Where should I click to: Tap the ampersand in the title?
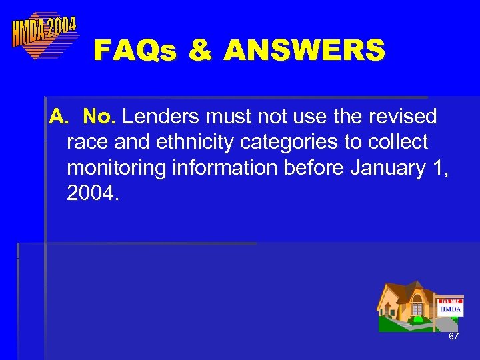[199, 50]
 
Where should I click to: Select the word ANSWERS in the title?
[305, 50]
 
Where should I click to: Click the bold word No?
[100, 117]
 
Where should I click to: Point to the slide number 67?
[453, 337]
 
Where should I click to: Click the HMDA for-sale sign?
[451, 307]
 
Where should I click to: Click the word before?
[312, 168]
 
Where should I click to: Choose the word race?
[84, 143]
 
